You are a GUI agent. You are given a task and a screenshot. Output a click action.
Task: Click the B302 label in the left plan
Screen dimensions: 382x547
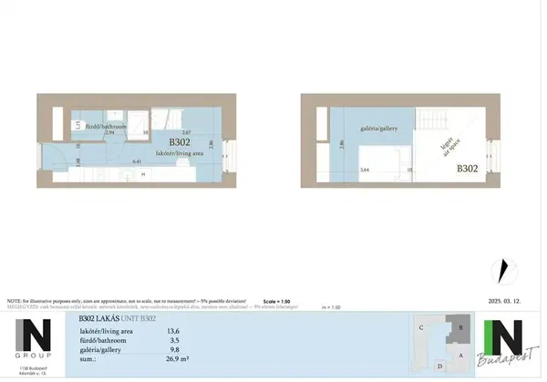point(179,143)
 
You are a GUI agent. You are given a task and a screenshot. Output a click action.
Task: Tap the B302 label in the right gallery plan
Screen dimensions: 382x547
point(467,169)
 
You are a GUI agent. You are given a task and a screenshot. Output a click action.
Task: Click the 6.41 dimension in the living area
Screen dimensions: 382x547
point(136,160)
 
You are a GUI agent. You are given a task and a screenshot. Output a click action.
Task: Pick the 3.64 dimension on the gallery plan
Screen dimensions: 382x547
point(365,170)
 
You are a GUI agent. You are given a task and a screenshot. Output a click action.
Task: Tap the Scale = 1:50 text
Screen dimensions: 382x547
point(275,300)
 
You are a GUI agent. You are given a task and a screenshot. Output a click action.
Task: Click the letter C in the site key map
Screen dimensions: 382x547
point(420,326)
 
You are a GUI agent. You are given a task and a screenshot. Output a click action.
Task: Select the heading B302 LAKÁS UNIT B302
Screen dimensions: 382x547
point(117,317)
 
